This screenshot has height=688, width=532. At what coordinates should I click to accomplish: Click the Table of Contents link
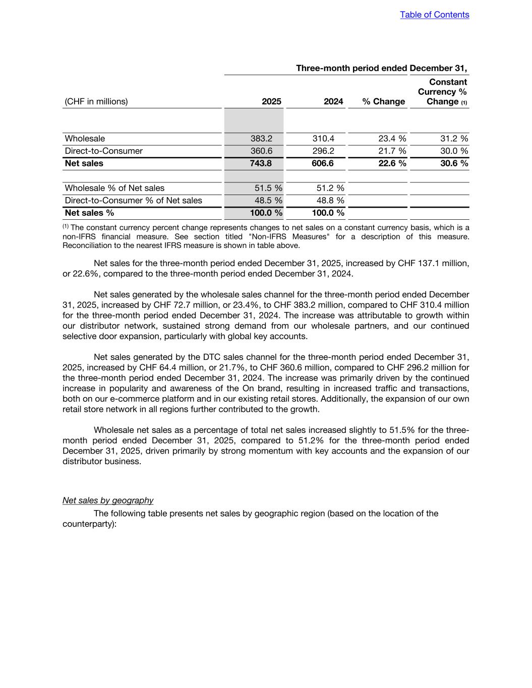434,15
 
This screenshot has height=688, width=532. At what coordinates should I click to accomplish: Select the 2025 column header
271,101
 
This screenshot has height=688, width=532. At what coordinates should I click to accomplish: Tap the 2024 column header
333,101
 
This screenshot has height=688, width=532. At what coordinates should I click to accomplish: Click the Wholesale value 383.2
261,139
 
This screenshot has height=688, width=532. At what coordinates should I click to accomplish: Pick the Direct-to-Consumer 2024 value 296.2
323,151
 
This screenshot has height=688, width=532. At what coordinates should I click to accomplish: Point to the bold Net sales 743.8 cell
261,163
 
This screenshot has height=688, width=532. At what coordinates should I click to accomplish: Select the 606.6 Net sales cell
323,163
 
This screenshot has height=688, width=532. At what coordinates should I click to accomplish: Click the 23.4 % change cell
392,139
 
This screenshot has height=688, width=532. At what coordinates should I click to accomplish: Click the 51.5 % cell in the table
268,188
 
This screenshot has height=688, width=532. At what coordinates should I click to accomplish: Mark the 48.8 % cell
330,201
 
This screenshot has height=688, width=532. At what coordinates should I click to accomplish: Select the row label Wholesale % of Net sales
114,188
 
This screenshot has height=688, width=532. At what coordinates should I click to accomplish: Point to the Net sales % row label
89,213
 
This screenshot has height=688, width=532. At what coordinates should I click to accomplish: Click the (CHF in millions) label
96,101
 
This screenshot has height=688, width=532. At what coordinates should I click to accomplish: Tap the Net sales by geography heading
108,501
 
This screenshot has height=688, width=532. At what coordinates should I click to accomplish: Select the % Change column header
383,101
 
